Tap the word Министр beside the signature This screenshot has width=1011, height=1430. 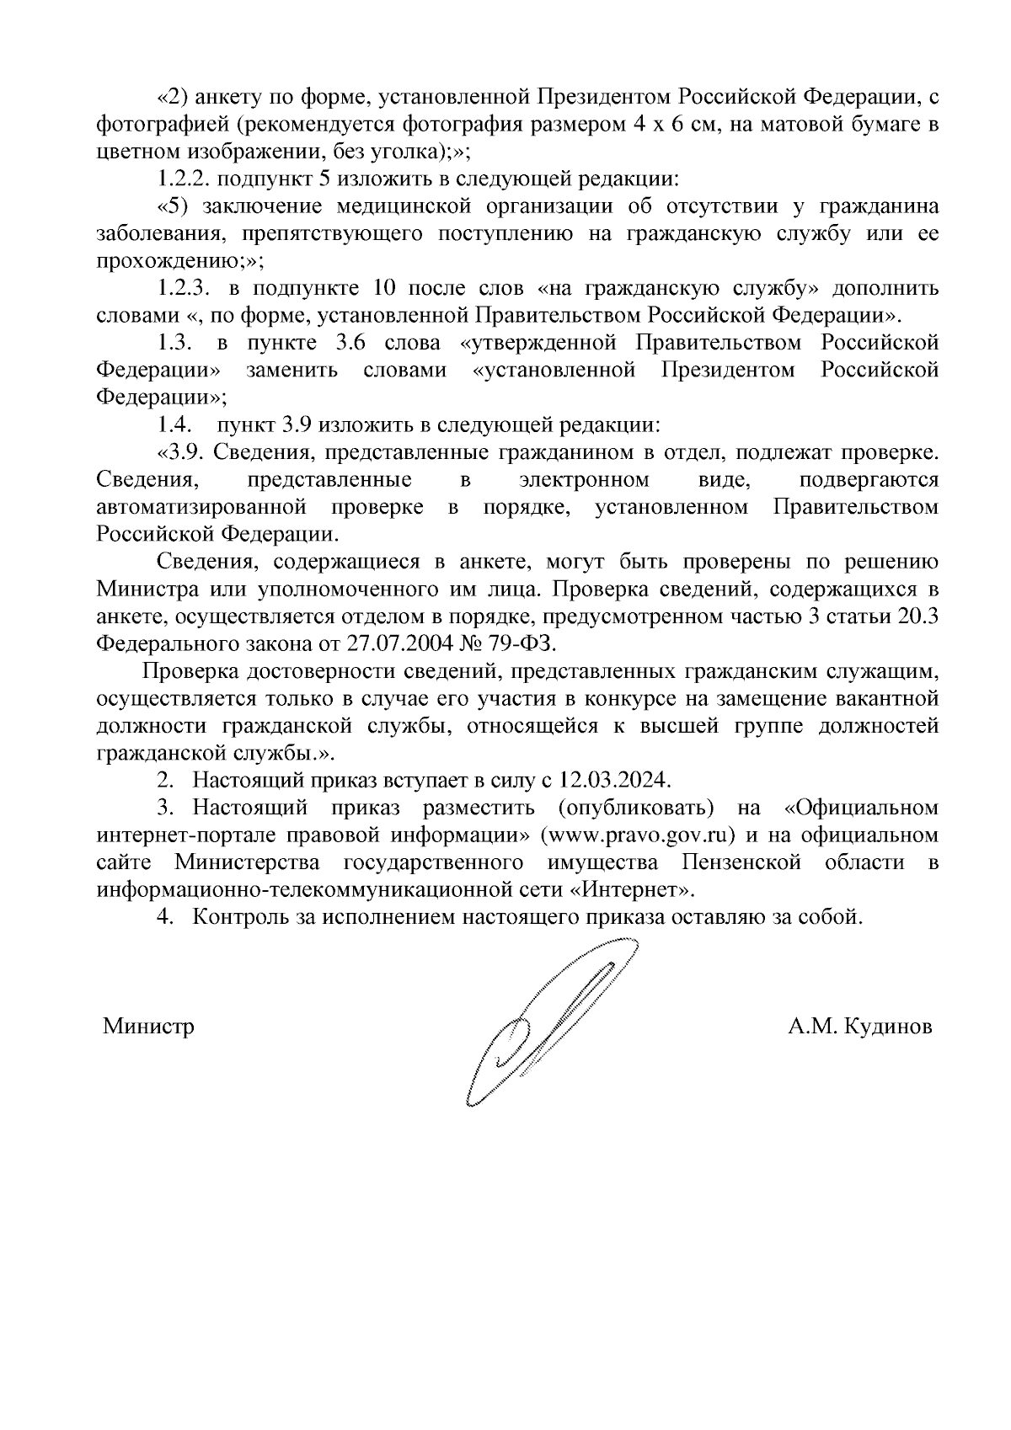click(x=148, y=1027)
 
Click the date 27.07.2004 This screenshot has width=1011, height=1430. click(x=393, y=644)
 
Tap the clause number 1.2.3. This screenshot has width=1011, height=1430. click(x=183, y=289)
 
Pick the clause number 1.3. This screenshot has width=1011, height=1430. click(x=176, y=344)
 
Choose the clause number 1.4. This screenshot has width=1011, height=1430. click(x=176, y=424)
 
